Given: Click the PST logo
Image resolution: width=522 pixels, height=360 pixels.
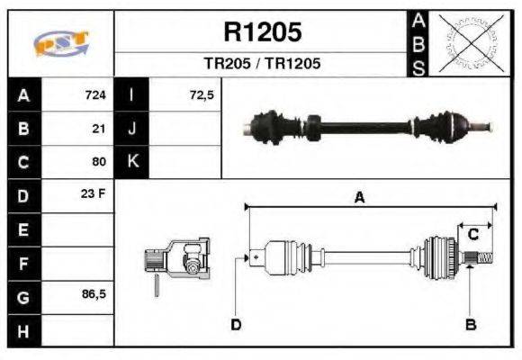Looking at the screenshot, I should tap(60, 42).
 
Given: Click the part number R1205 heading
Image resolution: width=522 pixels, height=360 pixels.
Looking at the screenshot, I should tap(262, 32).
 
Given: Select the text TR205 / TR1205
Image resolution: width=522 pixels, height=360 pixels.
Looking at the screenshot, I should tap(262, 65).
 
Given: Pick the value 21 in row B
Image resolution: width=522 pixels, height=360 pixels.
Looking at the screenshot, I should tap(100, 129).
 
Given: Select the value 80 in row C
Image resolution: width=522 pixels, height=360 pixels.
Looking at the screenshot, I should tap(99, 162).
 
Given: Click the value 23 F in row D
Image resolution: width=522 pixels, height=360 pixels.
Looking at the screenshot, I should tap(94, 194).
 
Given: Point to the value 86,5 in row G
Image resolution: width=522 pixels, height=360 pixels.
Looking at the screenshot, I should tap(93, 293).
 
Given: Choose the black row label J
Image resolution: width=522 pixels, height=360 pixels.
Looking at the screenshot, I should tap(132, 129).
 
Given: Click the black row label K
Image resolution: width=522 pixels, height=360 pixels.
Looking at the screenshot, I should tap(132, 162).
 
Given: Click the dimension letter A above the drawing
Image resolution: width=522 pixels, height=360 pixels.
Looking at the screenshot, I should tap(359, 199).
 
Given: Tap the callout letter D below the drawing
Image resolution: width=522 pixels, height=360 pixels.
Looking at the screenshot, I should tap(236, 324).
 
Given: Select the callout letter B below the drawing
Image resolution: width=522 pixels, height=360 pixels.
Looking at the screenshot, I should tap(469, 324).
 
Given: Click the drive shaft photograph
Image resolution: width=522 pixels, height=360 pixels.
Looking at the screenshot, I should tap(369, 125).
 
